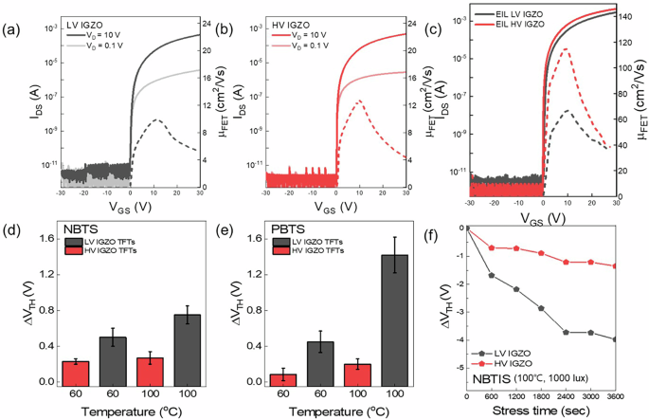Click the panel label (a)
(x=13, y=27)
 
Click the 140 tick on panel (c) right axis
(x=629, y=15)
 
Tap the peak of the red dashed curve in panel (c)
(x=566, y=49)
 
